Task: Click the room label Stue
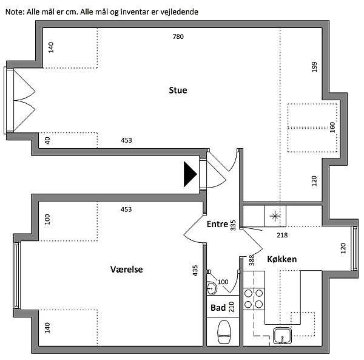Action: click(178, 90)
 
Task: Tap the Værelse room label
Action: click(127, 269)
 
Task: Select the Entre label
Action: click(217, 224)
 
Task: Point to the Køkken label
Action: click(281, 259)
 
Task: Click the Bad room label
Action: click(218, 308)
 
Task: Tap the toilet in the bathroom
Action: click(224, 331)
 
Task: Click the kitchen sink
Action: click(283, 335)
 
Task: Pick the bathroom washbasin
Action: click(211, 287)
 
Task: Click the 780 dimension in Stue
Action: click(178, 37)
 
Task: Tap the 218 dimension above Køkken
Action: click(281, 236)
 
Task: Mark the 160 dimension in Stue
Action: click(332, 129)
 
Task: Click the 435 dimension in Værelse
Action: click(195, 270)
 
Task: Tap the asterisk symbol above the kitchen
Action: click(275, 216)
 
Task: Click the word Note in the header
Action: click(13, 12)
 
